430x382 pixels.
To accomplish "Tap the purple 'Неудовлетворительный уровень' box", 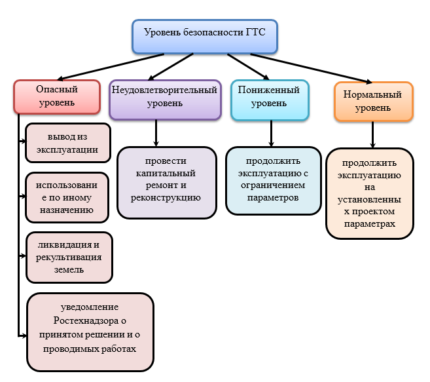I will [164, 99].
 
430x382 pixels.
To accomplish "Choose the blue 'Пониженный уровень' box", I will [269, 98].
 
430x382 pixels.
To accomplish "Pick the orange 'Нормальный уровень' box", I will [372, 101].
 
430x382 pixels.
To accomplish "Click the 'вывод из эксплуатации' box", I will [67, 143].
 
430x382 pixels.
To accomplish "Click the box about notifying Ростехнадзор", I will [90, 332].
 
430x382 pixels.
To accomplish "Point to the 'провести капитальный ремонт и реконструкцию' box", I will [166, 181].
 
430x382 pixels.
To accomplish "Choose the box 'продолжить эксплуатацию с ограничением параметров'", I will [273, 180].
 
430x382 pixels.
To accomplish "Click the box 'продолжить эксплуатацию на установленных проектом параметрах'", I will [370, 193].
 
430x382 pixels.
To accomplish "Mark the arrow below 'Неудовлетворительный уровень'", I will [156, 133].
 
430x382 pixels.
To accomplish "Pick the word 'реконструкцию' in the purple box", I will [166, 195].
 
